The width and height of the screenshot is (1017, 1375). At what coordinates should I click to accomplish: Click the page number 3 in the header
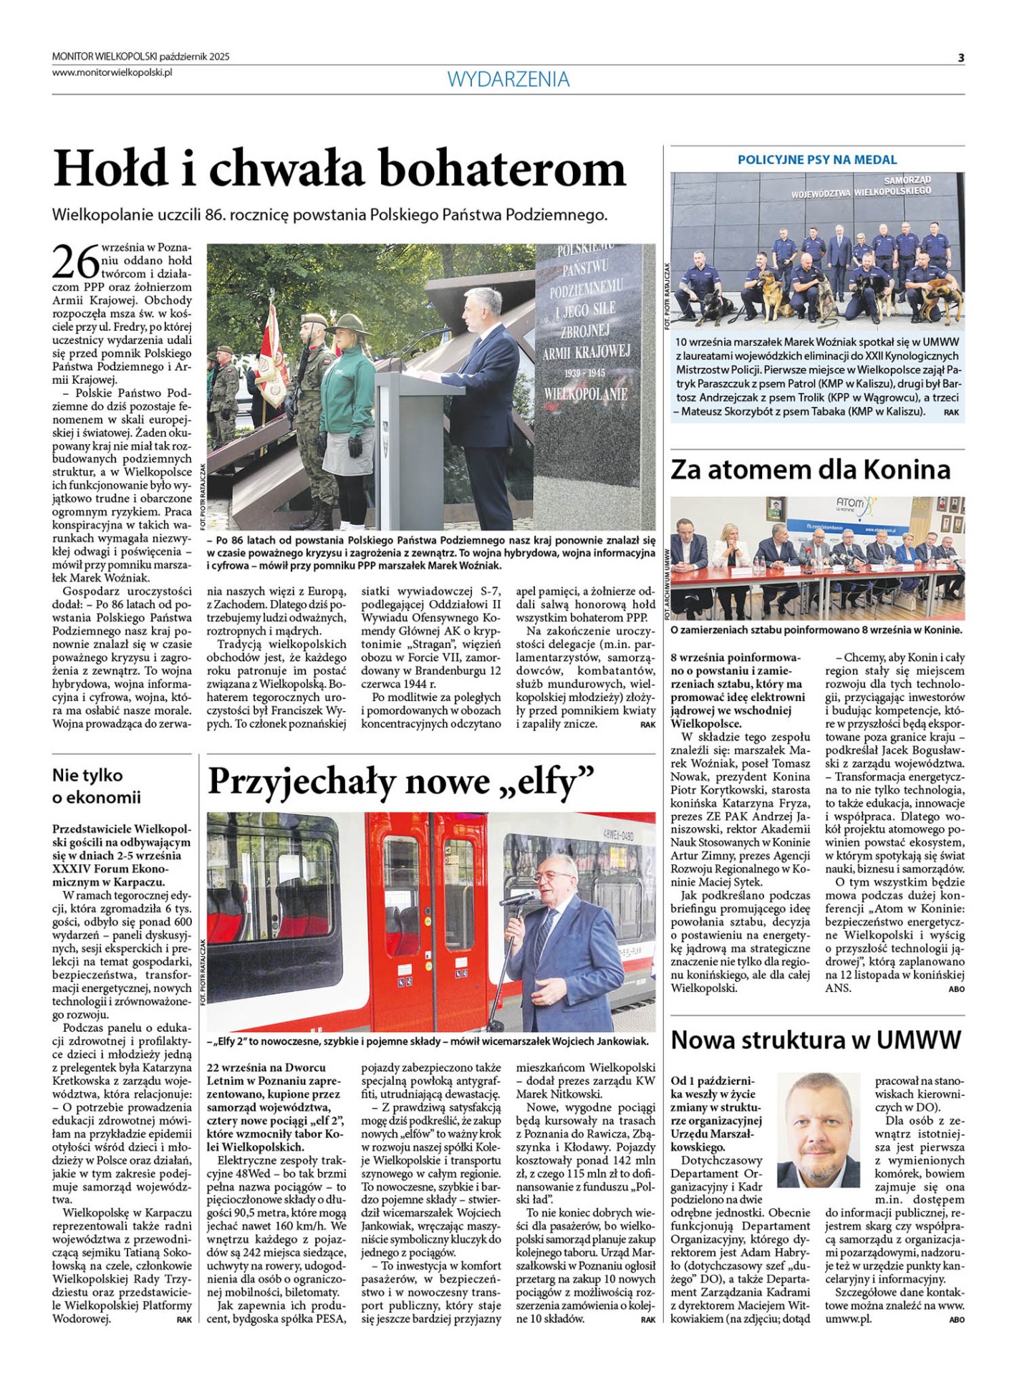(961, 58)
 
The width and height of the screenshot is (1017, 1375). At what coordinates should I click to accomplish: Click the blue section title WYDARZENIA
(509, 79)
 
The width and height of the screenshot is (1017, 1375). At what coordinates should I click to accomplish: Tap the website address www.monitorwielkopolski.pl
(112, 72)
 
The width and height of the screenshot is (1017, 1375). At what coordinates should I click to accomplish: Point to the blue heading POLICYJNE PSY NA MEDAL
(817, 160)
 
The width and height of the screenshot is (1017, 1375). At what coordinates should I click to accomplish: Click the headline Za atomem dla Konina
(810, 470)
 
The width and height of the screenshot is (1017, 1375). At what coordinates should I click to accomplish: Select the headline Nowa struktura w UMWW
(816, 1039)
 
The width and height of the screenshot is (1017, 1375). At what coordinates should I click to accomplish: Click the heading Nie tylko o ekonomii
(97, 786)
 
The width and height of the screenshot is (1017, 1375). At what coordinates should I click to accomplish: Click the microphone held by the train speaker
(518, 897)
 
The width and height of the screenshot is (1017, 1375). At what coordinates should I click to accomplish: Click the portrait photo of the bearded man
(818, 1129)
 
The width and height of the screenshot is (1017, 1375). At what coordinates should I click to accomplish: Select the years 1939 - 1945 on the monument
(584, 374)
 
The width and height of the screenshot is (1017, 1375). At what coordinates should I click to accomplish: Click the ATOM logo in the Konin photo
(850, 505)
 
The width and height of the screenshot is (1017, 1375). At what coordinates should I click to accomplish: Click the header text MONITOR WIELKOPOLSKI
(104, 57)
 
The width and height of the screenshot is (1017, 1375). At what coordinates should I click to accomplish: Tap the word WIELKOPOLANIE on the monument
(585, 394)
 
